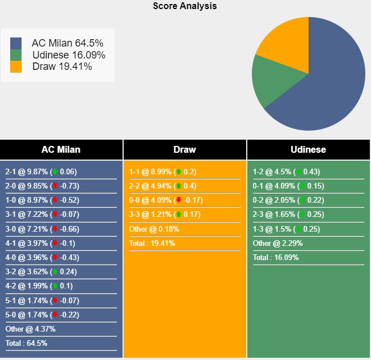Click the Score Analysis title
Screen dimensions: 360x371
pos(185,6)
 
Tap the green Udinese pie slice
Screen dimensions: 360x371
pos(272,82)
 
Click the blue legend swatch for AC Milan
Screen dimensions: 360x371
pos(16,43)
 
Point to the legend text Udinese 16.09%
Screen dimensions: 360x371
pos(69,55)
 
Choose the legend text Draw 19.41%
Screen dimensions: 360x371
pos(62,66)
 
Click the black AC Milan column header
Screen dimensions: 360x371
pos(61,150)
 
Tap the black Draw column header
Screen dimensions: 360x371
pos(184,150)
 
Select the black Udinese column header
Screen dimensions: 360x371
pos(308,150)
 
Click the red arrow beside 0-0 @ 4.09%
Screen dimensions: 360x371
pos(178,200)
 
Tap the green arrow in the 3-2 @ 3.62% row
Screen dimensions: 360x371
pos(54,271)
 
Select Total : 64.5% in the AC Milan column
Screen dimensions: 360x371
pos(26,343)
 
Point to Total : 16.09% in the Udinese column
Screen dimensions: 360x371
pos(276,257)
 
